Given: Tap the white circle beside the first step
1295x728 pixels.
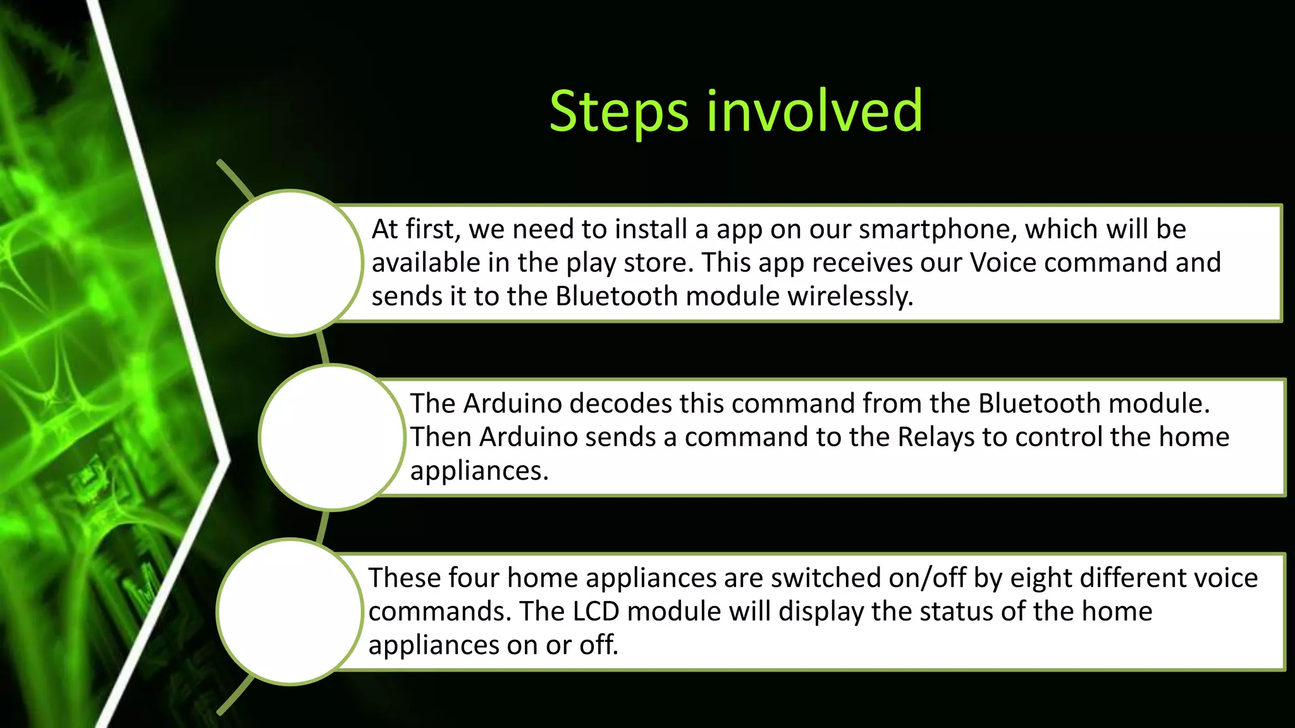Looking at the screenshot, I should [x=290, y=263].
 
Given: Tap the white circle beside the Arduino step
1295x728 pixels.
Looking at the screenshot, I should [x=331, y=437].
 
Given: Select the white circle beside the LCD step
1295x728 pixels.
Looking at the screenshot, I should [x=290, y=612].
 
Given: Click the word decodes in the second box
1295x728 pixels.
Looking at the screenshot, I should [x=620, y=404].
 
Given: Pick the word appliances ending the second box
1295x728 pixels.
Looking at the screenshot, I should [x=479, y=471].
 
